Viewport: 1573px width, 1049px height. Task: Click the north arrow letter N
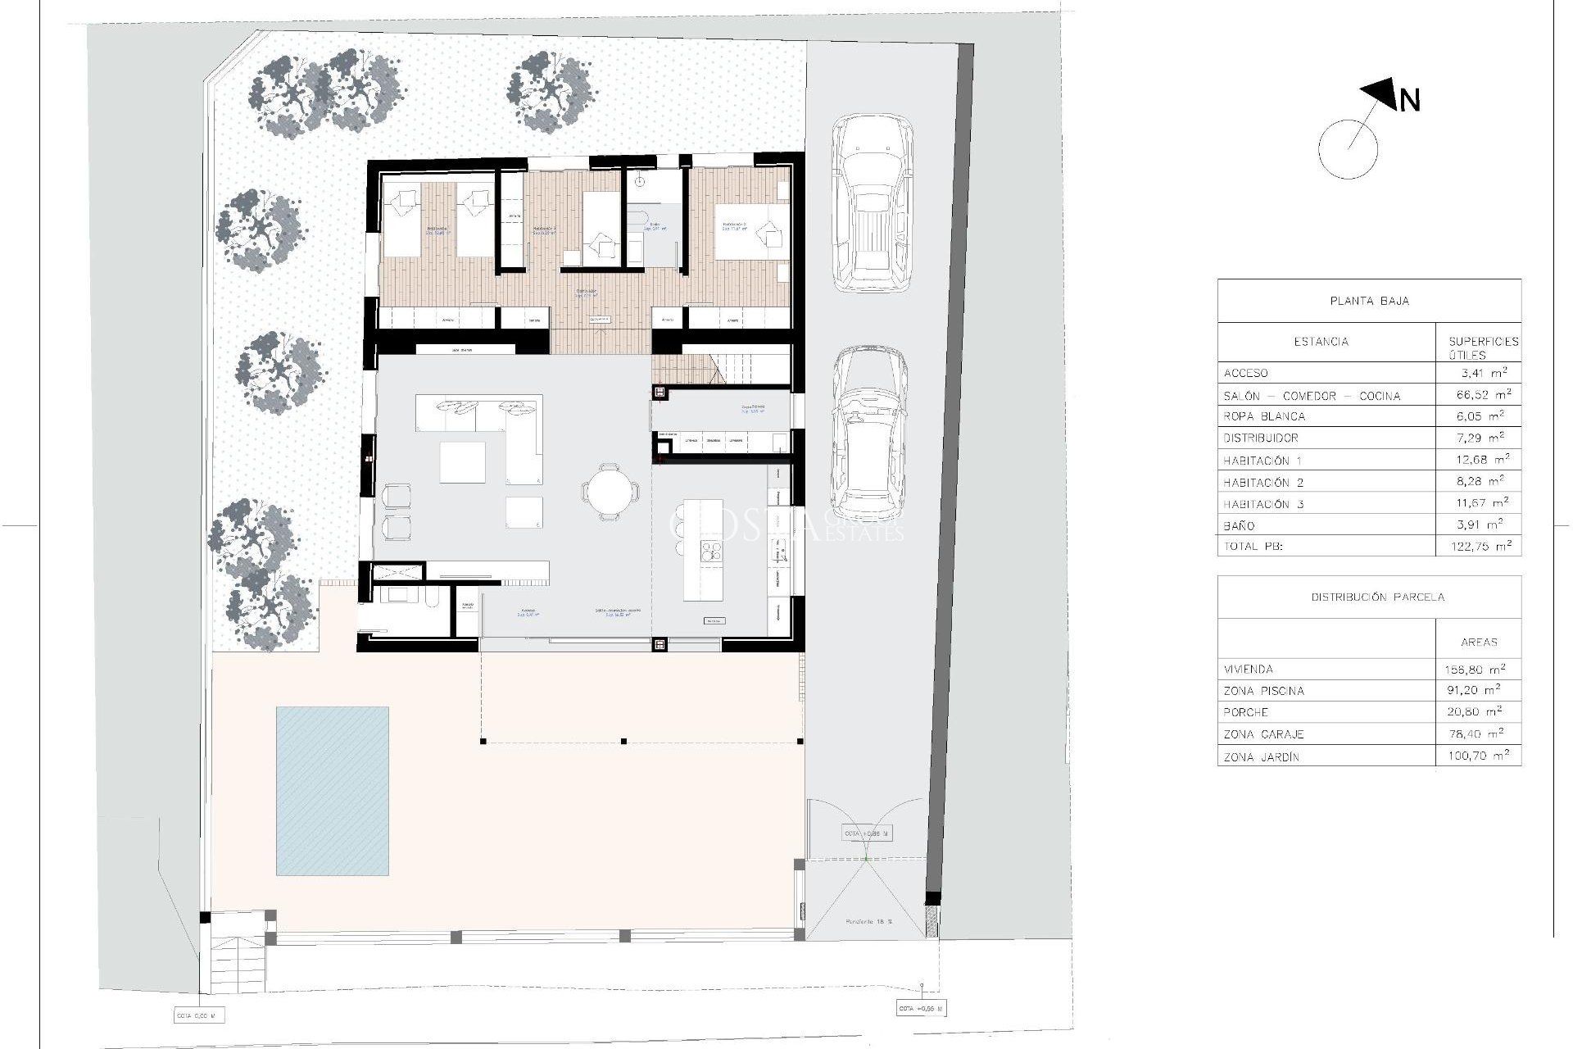[1410, 101]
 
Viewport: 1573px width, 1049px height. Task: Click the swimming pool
[332, 791]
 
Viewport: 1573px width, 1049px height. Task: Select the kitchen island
[703, 549]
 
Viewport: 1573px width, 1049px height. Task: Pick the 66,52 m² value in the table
[1479, 395]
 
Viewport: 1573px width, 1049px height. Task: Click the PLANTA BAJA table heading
[1369, 301]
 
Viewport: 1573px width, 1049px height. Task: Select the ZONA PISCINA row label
[1263, 691]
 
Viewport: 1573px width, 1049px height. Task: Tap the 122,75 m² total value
[1479, 546]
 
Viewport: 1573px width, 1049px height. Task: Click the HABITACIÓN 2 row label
[1263, 483]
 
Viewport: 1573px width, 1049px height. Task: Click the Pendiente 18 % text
[870, 922]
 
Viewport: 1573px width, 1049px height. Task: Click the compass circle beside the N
[1348, 149]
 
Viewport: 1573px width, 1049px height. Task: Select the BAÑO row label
[1239, 526]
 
